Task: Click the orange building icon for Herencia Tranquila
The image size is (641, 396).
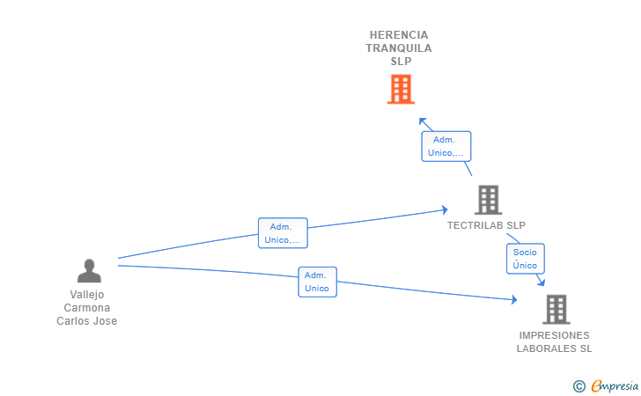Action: pos(401,89)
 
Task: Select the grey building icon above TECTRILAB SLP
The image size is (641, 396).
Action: pos(488,200)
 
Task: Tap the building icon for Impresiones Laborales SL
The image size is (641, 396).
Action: pos(556,309)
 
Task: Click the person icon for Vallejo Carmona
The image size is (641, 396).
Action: pos(89,271)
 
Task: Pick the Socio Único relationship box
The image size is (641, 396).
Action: pos(525,259)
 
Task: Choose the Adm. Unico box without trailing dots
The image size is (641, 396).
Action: pos(317,282)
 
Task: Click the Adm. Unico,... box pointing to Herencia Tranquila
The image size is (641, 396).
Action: pos(446,146)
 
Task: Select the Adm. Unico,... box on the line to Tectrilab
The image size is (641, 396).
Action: pos(283,233)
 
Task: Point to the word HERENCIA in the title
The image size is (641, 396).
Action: pos(401,35)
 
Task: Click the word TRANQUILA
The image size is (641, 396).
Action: pos(400,48)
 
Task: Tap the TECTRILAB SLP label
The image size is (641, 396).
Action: pos(486,225)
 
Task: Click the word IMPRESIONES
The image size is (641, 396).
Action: pos(555,335)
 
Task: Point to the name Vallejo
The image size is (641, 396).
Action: pos(87,295)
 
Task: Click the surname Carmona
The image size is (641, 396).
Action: pos(87,308)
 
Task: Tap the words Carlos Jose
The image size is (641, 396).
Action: pos(87,321)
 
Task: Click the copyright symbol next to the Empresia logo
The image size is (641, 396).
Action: pos(578,385)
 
